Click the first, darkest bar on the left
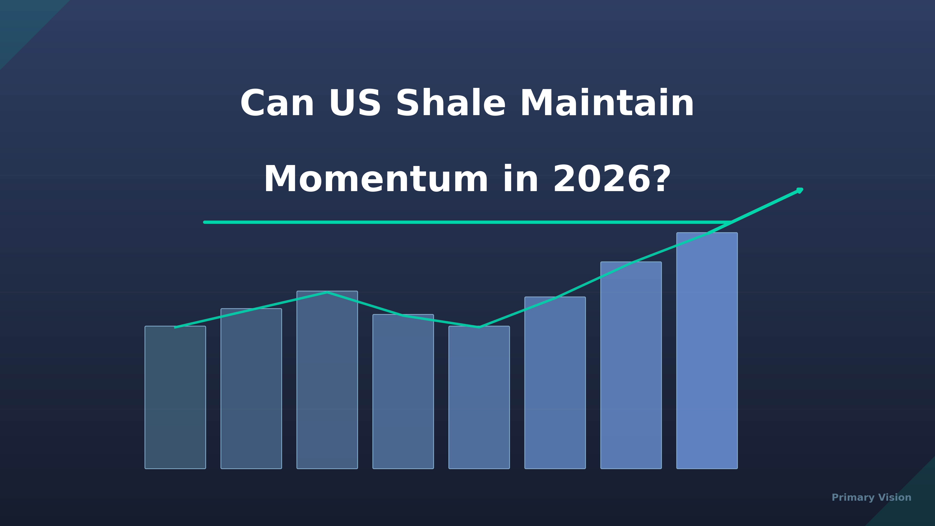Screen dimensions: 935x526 [x=175, y=397]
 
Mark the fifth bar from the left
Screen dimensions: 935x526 [x=479, y=397]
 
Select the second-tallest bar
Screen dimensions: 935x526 [x=631, y=365]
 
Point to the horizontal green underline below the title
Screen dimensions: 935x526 [x=467, y=222]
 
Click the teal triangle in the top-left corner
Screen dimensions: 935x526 [x=22, y=22]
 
